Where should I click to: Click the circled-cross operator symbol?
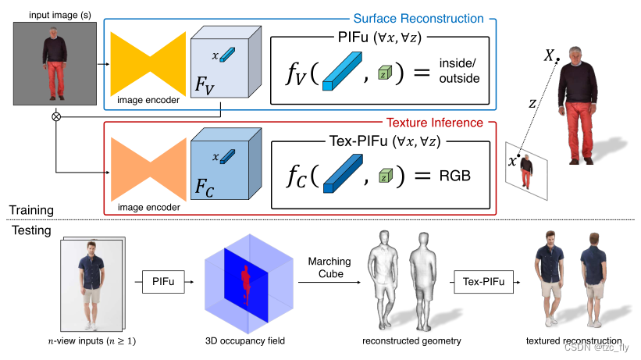pos(55,117)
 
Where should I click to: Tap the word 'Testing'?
pos(30,231)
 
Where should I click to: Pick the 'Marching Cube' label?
pos(329,267)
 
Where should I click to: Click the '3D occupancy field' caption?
pos(245,341)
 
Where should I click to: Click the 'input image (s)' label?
pos(54,14)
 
